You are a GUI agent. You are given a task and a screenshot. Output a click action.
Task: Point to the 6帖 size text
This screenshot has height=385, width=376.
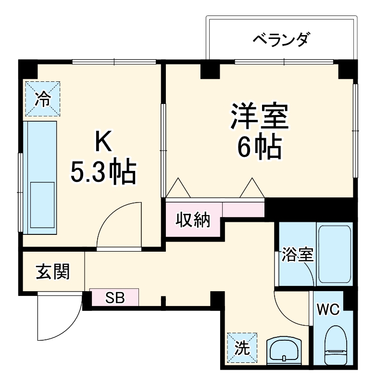point(259,148)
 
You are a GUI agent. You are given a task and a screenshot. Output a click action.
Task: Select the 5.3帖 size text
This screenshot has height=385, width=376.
point(103,172)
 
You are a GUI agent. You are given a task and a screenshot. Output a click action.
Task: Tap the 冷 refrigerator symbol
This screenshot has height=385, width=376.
point(43,99)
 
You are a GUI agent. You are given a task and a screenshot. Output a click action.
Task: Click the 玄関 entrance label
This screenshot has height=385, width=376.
point(53,272)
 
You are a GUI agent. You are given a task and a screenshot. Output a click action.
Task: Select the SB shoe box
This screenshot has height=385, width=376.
point(115,297)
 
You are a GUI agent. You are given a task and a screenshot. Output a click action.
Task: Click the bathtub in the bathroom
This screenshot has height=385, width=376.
point(335,253)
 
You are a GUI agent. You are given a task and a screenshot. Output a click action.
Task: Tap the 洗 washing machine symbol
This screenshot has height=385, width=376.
point(242,347)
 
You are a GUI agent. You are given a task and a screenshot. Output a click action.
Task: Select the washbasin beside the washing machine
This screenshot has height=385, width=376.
point(285,350)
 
